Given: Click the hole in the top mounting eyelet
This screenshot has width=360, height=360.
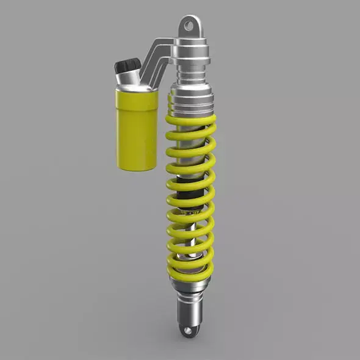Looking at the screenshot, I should tap(189, 26).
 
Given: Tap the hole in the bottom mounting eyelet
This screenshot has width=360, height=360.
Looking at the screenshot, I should tap(189, 331).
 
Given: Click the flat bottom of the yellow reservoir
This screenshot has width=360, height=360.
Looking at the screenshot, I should tap(135, 166).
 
